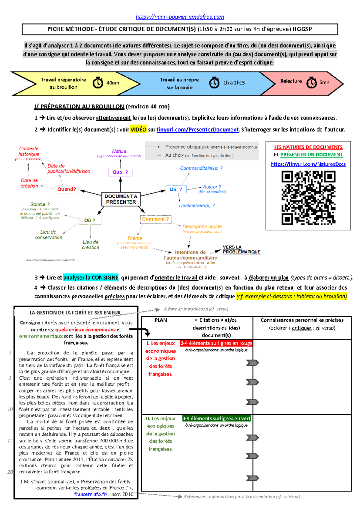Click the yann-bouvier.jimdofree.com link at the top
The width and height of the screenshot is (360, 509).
tap(180, 17)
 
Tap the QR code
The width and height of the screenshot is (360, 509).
tap(308, 198)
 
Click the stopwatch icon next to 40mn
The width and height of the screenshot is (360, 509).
tap(98, 82)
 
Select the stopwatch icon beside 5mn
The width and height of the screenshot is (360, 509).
tap(311, 82)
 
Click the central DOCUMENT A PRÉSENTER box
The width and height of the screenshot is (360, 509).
tap(121, 199)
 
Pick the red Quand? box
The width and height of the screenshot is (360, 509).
tap(67, 189)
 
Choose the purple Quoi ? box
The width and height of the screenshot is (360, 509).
tap(120, 172)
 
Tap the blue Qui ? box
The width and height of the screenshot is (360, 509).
tap(176, 189)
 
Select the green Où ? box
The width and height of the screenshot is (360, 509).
tap(90, 220)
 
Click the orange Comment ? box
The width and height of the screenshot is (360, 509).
tap(155, 219)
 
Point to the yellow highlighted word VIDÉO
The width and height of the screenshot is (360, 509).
tap(138, 129)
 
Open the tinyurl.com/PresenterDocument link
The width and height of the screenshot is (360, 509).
tap(197, 129)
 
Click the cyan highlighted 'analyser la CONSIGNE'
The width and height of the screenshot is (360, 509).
tap(91, 278)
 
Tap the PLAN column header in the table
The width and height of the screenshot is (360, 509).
tap(160, 320)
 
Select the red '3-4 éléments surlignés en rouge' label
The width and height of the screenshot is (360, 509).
tap(216, 343)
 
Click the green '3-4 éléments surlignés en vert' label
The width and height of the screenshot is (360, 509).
tap(216, 418)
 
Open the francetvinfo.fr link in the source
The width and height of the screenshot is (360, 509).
tap(91, 494)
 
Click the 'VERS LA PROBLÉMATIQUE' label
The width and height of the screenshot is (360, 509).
tap(241, 249)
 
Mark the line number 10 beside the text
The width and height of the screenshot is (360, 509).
tap(10, 409)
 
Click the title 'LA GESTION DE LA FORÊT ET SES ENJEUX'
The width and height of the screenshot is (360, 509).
tap(75, 312)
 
